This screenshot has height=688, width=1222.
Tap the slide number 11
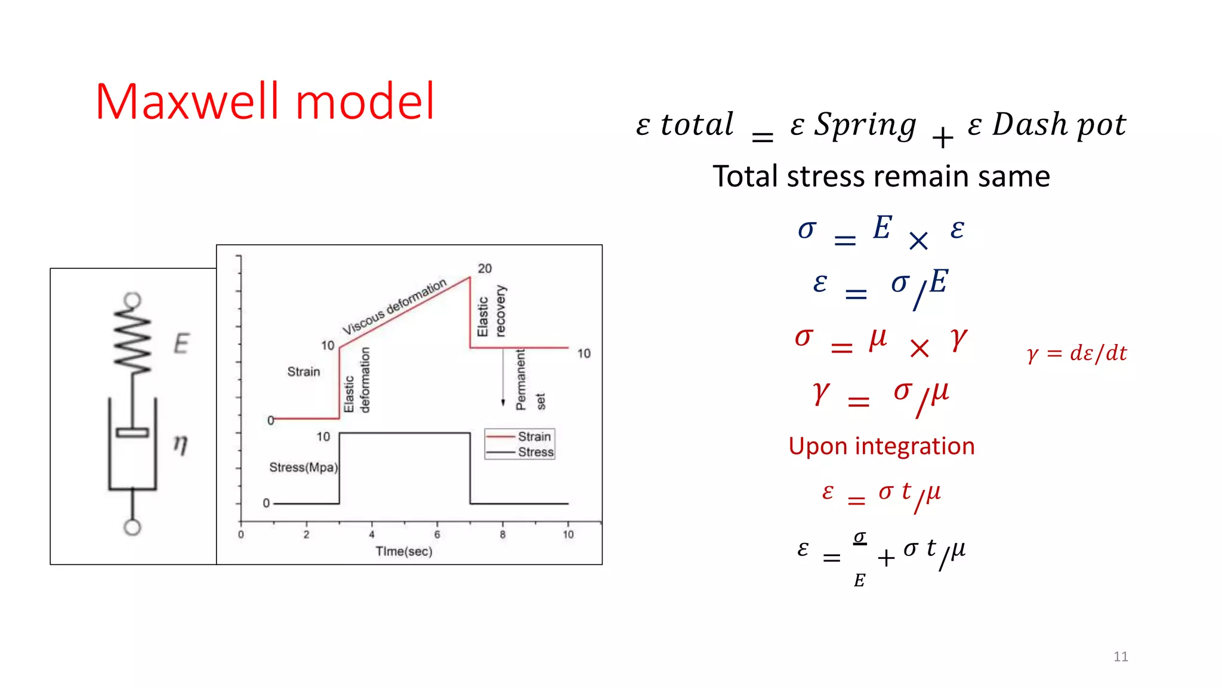pyautogui.click(x=1121, y=657)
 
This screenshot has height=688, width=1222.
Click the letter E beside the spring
pyautogui.click(x=181, y=343)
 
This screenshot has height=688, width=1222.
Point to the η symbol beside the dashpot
pyautogui.click(x=180, y=444)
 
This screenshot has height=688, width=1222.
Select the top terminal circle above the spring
pyautogui.click(x=132, y=300)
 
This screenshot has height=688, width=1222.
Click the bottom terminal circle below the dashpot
pyautogui.click(x=132, y=527)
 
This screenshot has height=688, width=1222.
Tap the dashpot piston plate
pyautogui.click(x=132, y=432)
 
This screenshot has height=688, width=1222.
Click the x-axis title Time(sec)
pyautogui.click(x=404, y=551)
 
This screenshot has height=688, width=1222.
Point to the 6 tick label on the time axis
pyautogui.click(x=437, y=535)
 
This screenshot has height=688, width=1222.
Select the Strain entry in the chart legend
pyautogui.click(x=533, y=437)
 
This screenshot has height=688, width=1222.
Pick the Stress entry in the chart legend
pyautogui.click(x=535, y=452)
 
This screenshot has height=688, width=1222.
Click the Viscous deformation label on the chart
pyautogui.click(x=394, y=306)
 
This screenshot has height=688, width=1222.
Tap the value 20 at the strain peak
pyautogui.click(x=485, y=269)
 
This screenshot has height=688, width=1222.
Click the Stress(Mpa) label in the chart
pyautogui.click(x=303, y=467)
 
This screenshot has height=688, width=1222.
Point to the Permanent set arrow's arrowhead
pyautogui.click(x=503, y=403)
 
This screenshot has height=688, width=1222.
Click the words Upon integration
pyautogui.click(x=881, y=446)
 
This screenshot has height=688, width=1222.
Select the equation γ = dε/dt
pyautogui.click(x=1076, y=353)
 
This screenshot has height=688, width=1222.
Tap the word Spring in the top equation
pyautogui.click(x=865, y=125)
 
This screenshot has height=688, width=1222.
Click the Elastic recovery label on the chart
pyautogui.click(x=492, y=311)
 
